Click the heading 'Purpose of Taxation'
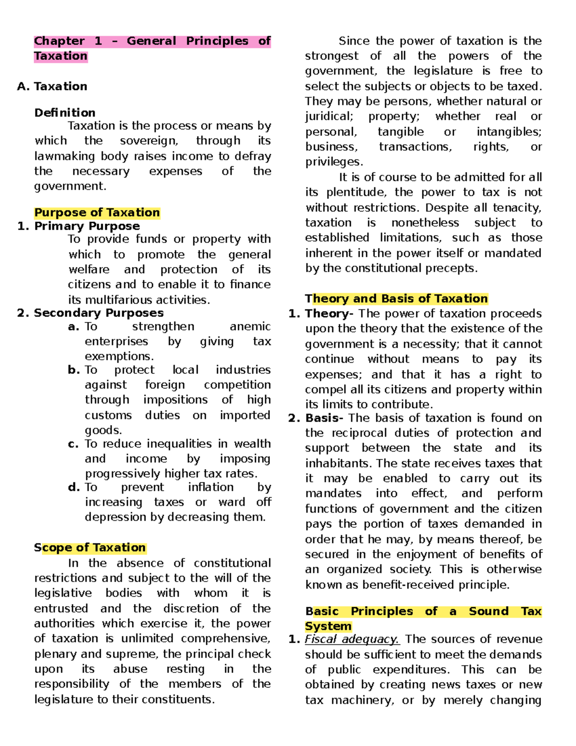(97, 212)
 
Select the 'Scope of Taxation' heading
(90, 548)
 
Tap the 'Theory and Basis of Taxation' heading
(396, 299)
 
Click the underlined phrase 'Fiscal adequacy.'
(352, 639)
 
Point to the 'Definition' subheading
(65, 112)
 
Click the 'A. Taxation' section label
(52, 86)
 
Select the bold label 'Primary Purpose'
(87, 226)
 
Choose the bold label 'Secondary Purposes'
(98, 313)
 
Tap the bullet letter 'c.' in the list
(73, 444)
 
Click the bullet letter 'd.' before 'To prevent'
(73, 487)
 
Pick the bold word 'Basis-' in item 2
(324, 418)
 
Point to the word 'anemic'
(250, 327)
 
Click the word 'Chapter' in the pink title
(59, 41)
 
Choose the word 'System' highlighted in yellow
(328, 626)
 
